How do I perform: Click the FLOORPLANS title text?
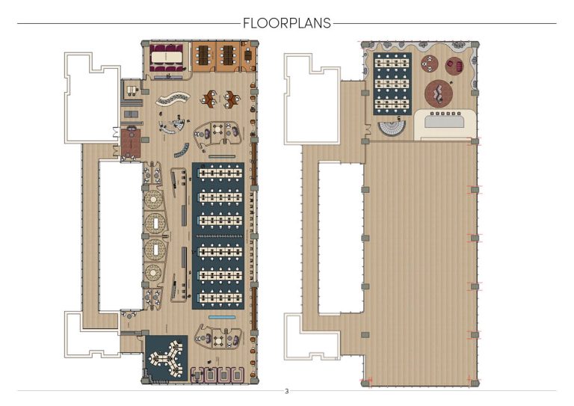tap(287, 23)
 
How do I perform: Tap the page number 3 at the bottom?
tap(287, 391)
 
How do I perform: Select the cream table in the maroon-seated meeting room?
tap(166, 57)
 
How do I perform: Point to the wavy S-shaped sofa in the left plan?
tap(173, 98)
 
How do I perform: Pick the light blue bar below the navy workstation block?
tap(222, 318)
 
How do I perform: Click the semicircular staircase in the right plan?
tap(392, 128)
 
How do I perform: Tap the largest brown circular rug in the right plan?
tap(438, 93)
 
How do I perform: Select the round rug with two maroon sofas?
tap(454, 67)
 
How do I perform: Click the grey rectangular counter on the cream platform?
tap(445, 122)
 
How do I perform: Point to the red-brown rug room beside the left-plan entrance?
tap(131, 142)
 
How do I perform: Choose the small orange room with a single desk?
tap(248, 56)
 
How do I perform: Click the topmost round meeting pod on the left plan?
tap(153, 200)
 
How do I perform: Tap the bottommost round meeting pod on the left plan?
tap(153, 272)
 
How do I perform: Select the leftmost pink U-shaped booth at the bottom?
tap(198, 375)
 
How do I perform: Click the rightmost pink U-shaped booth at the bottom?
tap(238, 375)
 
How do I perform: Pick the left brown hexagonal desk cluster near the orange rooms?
tap(209, 99)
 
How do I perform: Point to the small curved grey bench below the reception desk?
tap(182, 150)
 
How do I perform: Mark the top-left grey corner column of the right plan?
tap(365, 44)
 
